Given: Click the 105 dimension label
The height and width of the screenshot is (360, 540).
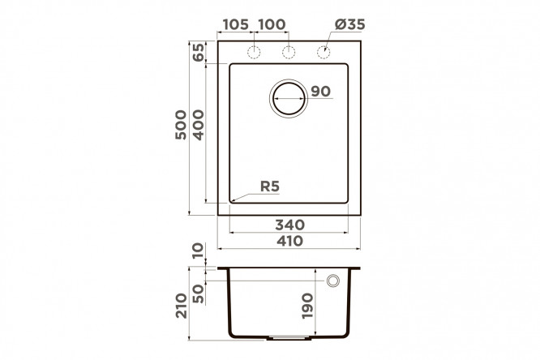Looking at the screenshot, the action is pyautogui.click(x=236, y=24).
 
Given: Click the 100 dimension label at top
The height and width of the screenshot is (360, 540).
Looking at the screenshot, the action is pyautogui.click(x=272, y=24).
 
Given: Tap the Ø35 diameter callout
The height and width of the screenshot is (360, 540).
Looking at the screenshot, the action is pyautogui.click(x=349, y=24).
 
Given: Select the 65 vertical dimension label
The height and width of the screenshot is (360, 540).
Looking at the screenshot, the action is pyautogui.click(x=199, y=53).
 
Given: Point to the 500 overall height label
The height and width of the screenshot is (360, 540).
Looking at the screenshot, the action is pyautogui.click(x=181, y=125).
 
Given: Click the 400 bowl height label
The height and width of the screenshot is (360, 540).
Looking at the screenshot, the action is pyautogui.click(x=199, y=125).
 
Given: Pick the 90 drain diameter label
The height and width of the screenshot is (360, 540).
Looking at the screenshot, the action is pyautogui.click(x=320, y=92).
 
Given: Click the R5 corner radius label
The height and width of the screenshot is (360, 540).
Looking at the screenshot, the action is pyautogui.click(x=270, y=186).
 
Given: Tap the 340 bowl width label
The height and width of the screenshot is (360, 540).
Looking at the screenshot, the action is pyautogui.click(x=290, y=225).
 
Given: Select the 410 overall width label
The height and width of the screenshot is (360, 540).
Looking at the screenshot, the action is pyautogui.click(x=290, y=241).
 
